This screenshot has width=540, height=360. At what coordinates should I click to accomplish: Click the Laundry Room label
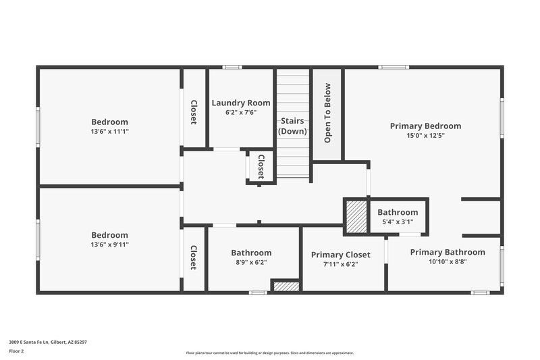(241, 103)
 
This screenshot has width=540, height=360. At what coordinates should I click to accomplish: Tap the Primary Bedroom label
(425, 126)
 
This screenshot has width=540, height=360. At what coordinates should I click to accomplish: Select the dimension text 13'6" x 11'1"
(109, 132)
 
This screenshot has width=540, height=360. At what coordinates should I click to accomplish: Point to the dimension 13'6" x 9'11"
(109, 245)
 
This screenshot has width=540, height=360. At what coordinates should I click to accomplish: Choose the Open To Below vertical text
(327, 113)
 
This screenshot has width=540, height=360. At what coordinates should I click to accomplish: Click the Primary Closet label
(340, 255)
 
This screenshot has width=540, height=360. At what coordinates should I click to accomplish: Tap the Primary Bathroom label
(447, 252)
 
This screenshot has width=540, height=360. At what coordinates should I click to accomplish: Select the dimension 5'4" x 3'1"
(398, 222)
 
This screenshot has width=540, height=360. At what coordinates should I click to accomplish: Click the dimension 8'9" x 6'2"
(251, 263)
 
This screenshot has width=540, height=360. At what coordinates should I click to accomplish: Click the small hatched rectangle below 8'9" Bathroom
(286, 286)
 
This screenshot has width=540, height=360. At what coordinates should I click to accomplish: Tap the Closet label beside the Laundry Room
(194, 112)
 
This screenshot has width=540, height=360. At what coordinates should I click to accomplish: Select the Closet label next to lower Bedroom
(194, 257)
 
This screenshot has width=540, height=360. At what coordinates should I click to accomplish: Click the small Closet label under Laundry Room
(261, 165)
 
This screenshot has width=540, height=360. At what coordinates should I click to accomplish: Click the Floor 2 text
(17, 351)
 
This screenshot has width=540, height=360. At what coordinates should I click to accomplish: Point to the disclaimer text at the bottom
(269, 353)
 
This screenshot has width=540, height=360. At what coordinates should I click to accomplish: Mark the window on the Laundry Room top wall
(233, 67)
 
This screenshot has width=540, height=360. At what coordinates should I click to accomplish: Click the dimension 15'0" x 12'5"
(425, 135)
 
